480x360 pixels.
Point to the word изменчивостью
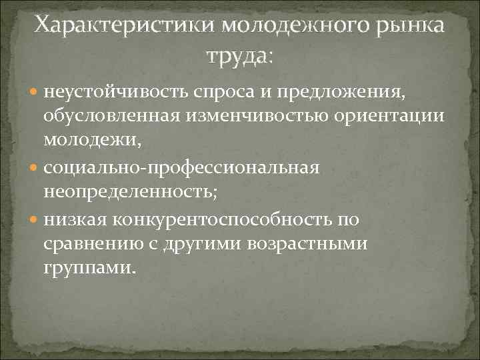click(265, 117)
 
